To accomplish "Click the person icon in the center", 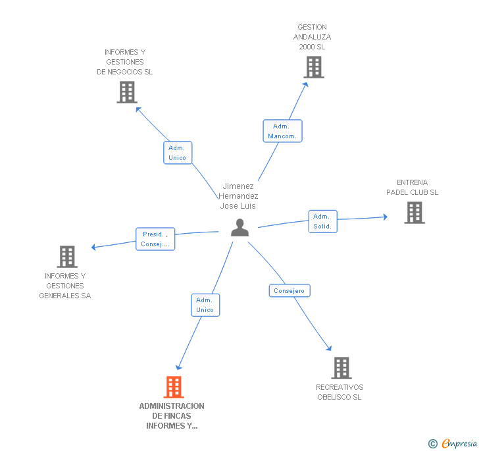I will click(239, 228).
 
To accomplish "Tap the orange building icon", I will click(173, 387).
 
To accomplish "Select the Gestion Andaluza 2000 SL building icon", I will click(313, 67).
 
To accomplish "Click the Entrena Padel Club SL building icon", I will click(414, 213).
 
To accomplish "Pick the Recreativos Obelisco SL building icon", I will click(341, 368).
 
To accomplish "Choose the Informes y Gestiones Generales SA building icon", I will click(66, 257).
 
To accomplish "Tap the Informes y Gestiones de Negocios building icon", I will click(126, 92).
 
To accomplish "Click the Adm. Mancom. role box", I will click(282, 131).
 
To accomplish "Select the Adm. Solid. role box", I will click(322, 221).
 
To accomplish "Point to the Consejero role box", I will click(289, 290).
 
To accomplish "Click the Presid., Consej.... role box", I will click(155, 239).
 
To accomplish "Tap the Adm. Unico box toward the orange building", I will click(205, 305).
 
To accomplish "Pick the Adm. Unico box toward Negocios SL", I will click(177, 153).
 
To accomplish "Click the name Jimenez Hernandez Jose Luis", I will click(238, 196).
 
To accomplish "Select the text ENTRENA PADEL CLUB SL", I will click(412, 188).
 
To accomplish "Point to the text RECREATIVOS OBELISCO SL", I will click(340, 392).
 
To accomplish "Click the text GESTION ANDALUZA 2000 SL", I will click(312, 37).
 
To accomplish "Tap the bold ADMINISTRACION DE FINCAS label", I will click(172, 415).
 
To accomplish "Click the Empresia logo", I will click(454, 443).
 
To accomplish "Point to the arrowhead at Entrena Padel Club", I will click(385, 217).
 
